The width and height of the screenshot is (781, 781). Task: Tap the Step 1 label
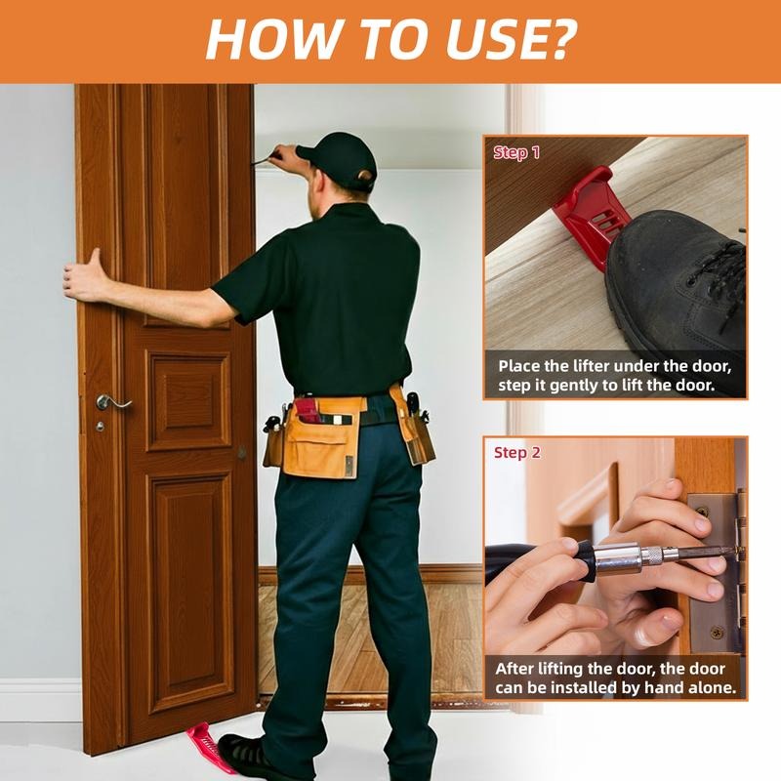(516, 152)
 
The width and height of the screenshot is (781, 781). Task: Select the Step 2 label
(516, 453)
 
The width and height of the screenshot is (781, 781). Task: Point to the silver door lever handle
(112, 401)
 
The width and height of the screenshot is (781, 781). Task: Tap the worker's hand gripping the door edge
(86, 275)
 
